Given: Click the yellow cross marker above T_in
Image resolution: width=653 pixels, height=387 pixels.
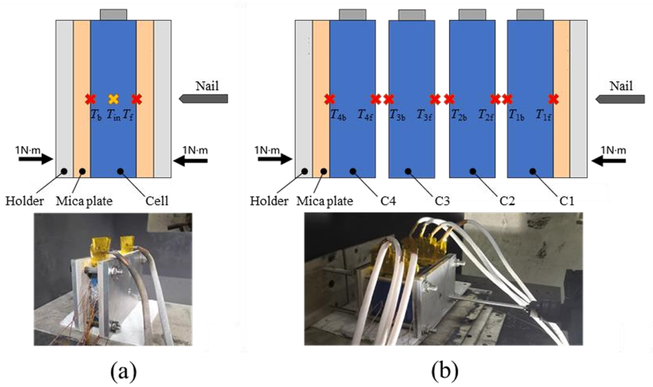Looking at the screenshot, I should [113, 99].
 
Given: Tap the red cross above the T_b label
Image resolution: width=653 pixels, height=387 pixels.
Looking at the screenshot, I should [91, 99].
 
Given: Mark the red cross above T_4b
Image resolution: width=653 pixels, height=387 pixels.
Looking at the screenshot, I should [330, 99].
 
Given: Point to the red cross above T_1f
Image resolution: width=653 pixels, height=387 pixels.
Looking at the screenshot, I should [553, 99].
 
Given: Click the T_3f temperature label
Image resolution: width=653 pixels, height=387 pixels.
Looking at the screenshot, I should [425, 115].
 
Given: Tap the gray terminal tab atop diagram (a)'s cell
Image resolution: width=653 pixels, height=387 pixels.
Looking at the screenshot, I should [113, 14].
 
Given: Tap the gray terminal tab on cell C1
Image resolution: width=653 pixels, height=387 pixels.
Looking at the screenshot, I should [530, 14].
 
